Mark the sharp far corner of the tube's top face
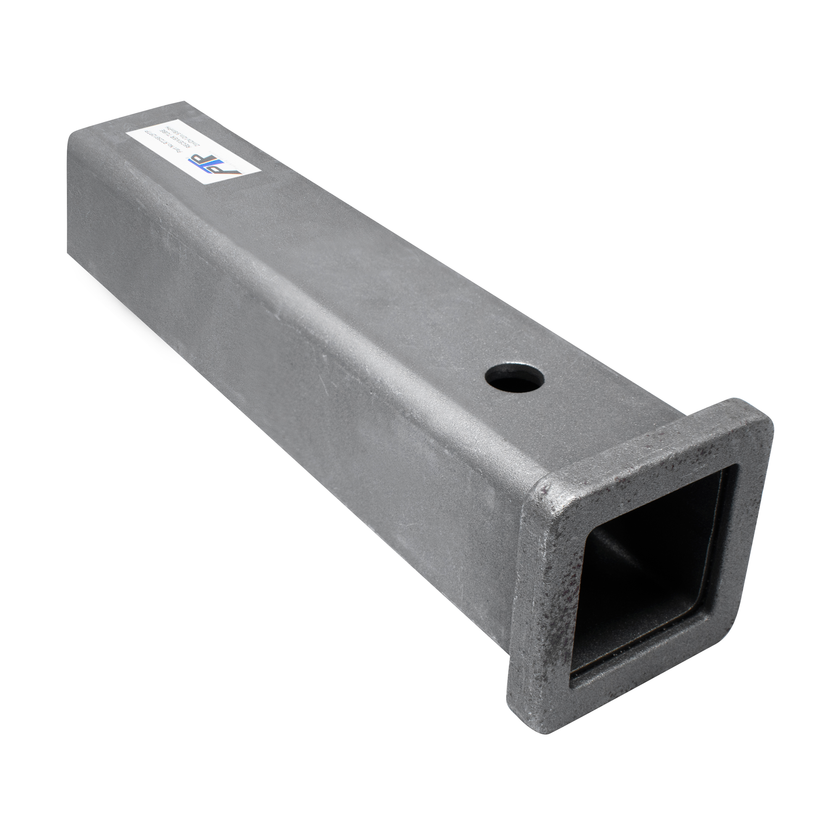(186, 102)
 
